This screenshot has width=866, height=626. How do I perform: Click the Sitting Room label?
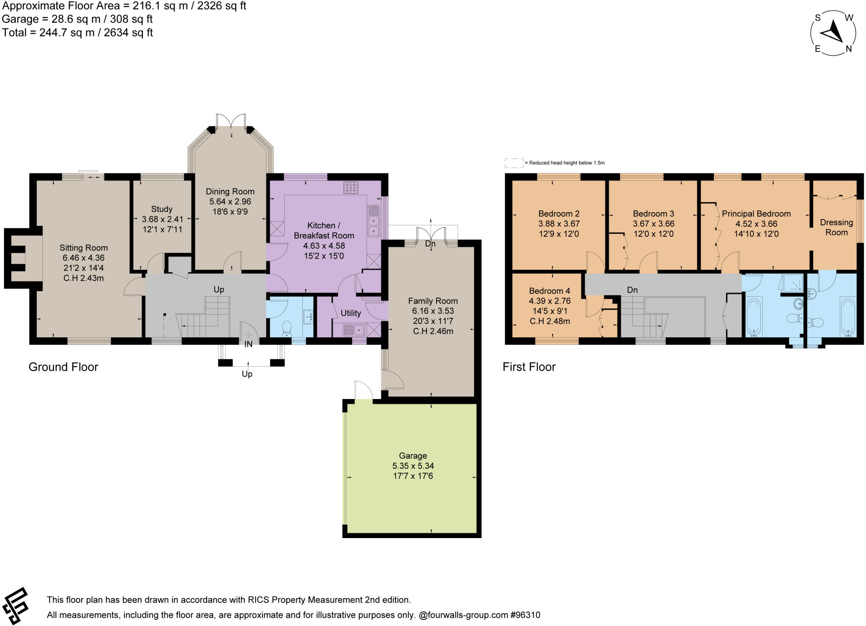(83, 248)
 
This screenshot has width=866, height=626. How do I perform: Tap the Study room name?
(162, 209)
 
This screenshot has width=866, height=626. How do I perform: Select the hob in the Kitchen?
(351, 187)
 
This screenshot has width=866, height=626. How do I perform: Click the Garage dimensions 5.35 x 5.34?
(413, 466)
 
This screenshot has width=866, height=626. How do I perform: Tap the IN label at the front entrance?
(248, 344)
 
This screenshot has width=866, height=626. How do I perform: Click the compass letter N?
(848, 49)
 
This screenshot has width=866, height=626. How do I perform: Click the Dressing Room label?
(836, 227)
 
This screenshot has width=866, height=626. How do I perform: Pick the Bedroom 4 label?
(549, 291)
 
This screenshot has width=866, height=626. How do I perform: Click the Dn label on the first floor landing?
(632, 290)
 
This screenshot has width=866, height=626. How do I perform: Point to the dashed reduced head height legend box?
(513, 163)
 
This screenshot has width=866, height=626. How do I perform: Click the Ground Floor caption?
(63, 367)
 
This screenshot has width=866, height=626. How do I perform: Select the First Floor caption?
(529, 367)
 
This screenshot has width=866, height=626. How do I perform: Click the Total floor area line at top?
(77, 33)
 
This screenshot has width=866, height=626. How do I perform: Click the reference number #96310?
(525, 615)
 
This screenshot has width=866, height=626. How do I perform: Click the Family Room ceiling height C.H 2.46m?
(433, 331)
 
